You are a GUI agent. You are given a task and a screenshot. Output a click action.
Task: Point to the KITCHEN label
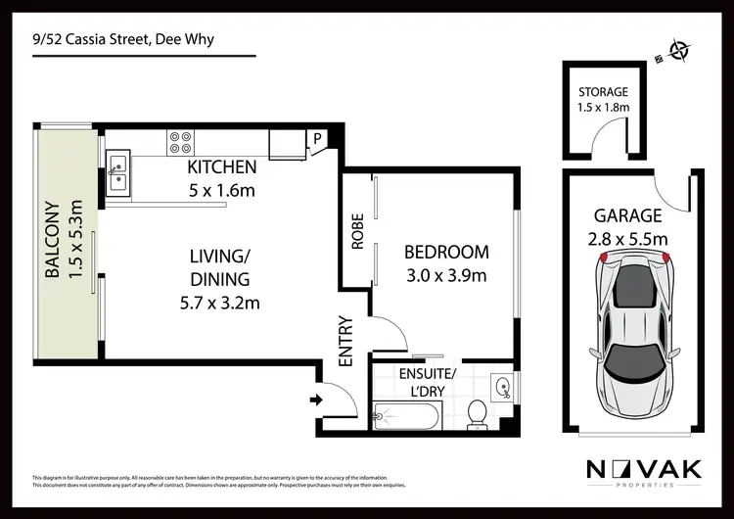(x=222, y=167)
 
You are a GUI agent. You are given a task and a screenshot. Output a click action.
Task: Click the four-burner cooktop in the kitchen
(x=180, y=143)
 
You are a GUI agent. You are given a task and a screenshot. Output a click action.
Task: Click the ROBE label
(x=357, y=232)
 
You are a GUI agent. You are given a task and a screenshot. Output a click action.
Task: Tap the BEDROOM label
(x=446, y=253)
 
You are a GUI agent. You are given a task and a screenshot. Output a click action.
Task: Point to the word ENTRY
(x=345, y=341)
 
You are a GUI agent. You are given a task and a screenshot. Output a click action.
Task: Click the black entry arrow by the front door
(x=316, y=399)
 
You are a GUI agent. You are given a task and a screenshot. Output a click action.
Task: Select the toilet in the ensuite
(x=478, y=412)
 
